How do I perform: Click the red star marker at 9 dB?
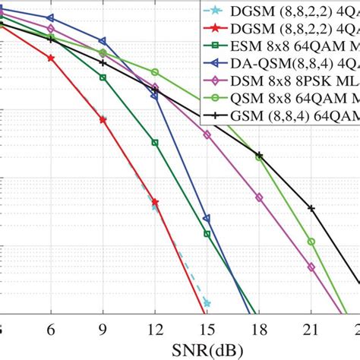[103, 119]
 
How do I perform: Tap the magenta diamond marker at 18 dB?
[259, 197]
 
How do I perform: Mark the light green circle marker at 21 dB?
[311, 242]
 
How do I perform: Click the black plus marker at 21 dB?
[311, 207]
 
